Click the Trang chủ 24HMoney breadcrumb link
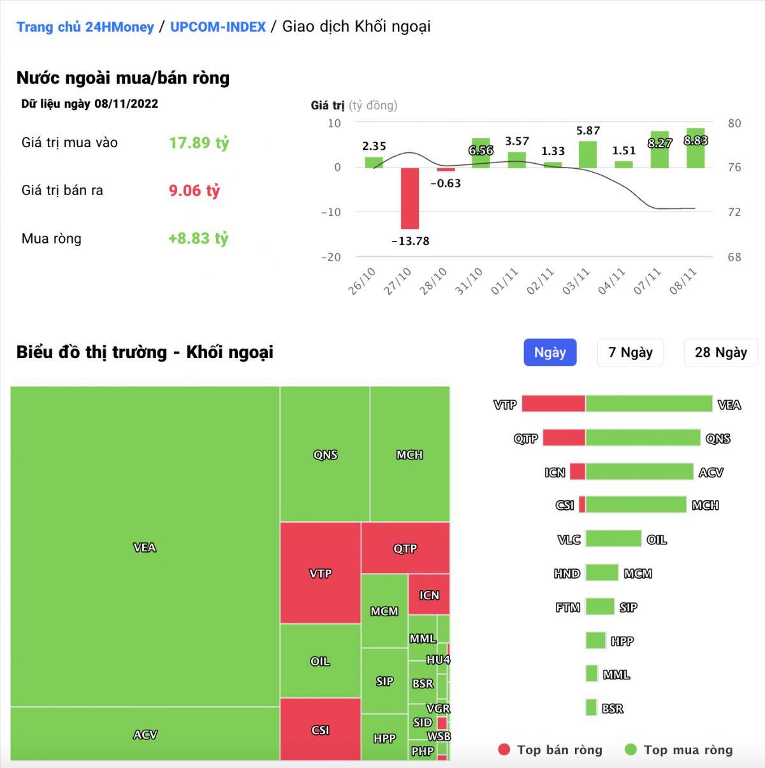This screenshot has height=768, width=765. (85, 27)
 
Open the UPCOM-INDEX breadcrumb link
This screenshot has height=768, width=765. (217, 27)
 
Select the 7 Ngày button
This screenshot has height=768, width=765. (630, 352)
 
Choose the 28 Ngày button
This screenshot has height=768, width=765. (720, 352)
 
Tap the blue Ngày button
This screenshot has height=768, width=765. (550, 352)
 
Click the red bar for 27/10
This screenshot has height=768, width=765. (409, 198)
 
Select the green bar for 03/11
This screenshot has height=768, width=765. (588, 154)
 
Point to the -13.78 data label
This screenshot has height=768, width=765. (410, 241)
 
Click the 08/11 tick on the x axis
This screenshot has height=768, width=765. (683, 281)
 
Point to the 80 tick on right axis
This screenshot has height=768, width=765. (734, 123)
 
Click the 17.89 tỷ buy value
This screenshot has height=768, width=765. (198, 143)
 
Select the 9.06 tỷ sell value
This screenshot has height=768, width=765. (194, 191)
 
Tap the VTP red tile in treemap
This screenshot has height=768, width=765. (320, 573)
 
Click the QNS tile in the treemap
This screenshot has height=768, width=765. (324, 454)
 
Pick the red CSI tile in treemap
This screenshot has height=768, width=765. (320, 729)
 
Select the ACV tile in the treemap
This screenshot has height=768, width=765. (145, 734)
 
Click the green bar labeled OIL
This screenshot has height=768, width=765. (613, 539)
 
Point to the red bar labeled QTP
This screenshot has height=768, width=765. (564, 438)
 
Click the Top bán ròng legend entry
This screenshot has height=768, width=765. (550, 750)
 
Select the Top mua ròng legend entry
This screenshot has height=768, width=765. (679, 750)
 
